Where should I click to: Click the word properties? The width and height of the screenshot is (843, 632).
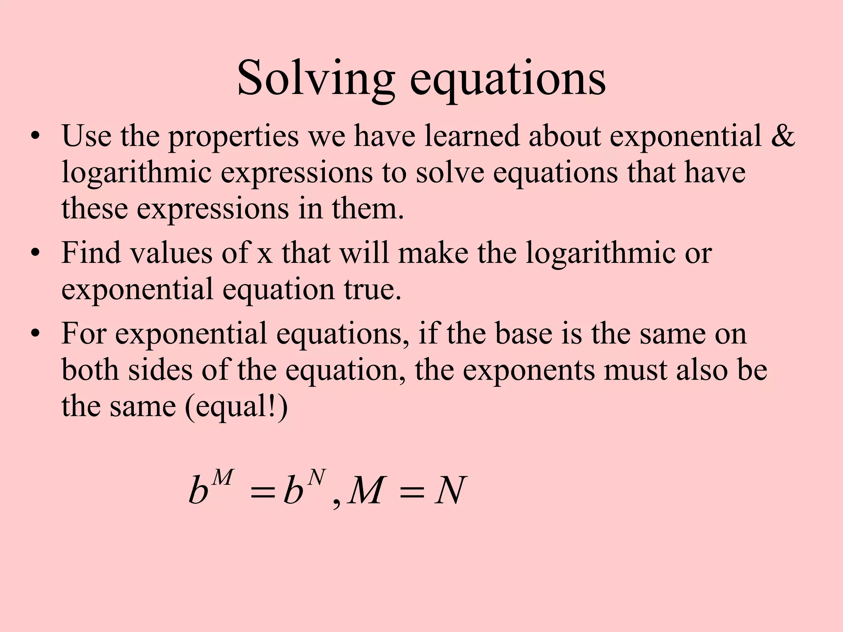click(233, 137)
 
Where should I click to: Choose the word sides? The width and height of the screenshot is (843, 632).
click(160, 370)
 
